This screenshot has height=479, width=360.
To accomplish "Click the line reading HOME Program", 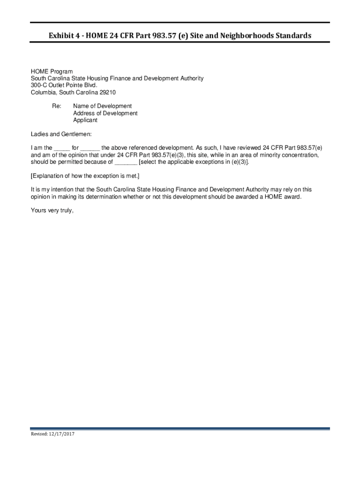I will point(52,72).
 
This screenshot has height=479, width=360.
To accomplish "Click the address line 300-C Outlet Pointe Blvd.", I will point(64,86).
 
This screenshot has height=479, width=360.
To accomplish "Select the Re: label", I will point(56,106).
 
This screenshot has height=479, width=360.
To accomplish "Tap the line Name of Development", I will point(102,106).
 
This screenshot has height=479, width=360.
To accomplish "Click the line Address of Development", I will point(105,113).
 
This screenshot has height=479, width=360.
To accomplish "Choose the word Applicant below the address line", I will point(85,120).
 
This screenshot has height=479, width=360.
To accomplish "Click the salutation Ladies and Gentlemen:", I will point(61,134).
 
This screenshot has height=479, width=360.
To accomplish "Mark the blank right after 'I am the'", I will point(62,148).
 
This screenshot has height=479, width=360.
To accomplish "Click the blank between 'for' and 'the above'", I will point(90,148).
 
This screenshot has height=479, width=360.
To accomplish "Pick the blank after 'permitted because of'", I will point(126,162).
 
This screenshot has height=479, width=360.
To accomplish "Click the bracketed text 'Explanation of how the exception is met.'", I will point(85,176).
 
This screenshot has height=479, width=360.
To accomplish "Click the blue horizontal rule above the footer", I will point(180,428).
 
